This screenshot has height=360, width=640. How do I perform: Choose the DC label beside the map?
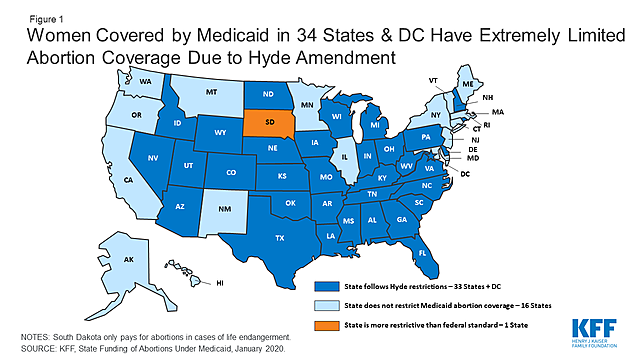point(465,174)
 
